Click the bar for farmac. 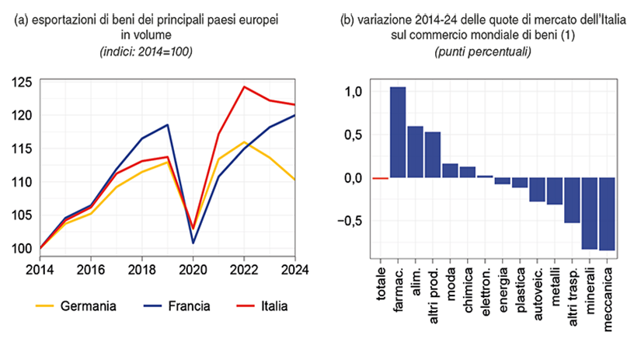point(397,132)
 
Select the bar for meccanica point(607,214)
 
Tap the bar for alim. point(415,152)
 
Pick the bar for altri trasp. point(572,200)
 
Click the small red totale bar point(380,178)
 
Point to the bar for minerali point(590,213)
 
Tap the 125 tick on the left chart point(21,82)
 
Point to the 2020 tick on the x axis point(192,270)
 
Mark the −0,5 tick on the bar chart point(350,221)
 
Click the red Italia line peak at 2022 point(244,86)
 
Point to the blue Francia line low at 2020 point(193,243)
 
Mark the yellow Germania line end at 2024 point(295,180)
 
